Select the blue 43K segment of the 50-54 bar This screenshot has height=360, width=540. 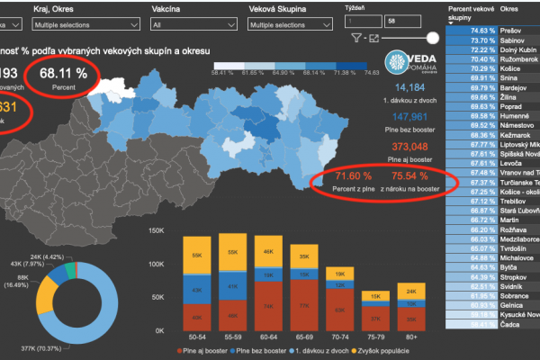click(x=195, y=288)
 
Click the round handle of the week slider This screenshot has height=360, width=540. click(x=434, y=38)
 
